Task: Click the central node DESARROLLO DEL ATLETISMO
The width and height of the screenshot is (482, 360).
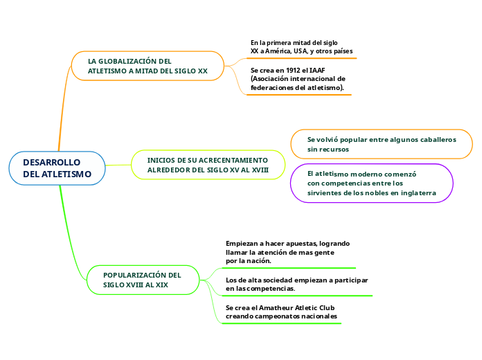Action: [x=57, y=168]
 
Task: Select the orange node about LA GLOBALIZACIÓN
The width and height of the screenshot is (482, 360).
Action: [x=148, y=66]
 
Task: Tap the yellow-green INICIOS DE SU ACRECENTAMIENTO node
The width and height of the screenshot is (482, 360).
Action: [x=208, y=165]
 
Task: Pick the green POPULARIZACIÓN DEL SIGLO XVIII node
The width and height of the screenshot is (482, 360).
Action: [x=143, y=280]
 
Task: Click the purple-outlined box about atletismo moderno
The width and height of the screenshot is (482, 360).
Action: [x=372, y=183]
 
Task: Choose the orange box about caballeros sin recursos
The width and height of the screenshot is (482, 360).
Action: [x=382, y=144]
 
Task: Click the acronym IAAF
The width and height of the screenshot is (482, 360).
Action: [x=317, y=71]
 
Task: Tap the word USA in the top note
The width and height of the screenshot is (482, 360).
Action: [x=301, y=51]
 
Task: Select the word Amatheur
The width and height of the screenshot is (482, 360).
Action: [x=276, y=308]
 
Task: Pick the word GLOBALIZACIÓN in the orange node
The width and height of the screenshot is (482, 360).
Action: [x=127, y=61]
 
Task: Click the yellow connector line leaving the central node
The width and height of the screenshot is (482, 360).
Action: [x=118, y=165]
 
